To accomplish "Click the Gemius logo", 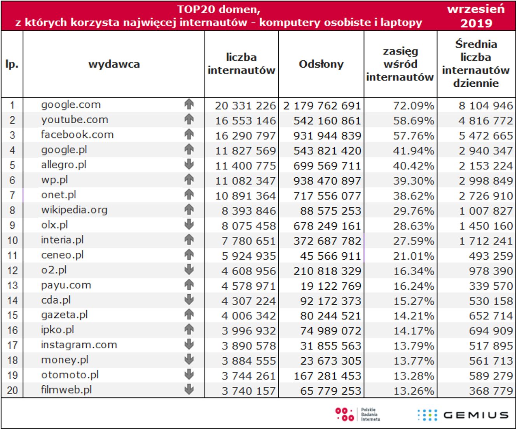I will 463,415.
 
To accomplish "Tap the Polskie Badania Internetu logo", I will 357,414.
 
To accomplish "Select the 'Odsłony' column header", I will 321,64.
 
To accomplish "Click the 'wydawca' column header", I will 114,64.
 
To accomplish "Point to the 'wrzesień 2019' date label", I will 476,16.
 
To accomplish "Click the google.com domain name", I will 71,105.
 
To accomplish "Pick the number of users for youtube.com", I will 245,121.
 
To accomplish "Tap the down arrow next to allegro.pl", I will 189,164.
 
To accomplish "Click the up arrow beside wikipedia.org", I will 189,210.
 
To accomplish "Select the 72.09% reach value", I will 413,106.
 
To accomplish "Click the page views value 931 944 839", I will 327,136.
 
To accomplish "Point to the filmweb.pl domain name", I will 66,390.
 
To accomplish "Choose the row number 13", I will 12,285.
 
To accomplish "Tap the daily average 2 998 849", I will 486,181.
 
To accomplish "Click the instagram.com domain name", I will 79,345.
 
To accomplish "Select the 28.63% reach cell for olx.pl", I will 413,226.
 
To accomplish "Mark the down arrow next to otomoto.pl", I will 189,374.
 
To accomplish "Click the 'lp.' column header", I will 12,64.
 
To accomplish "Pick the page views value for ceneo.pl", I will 330,256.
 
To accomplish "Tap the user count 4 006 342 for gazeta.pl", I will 249,316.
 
